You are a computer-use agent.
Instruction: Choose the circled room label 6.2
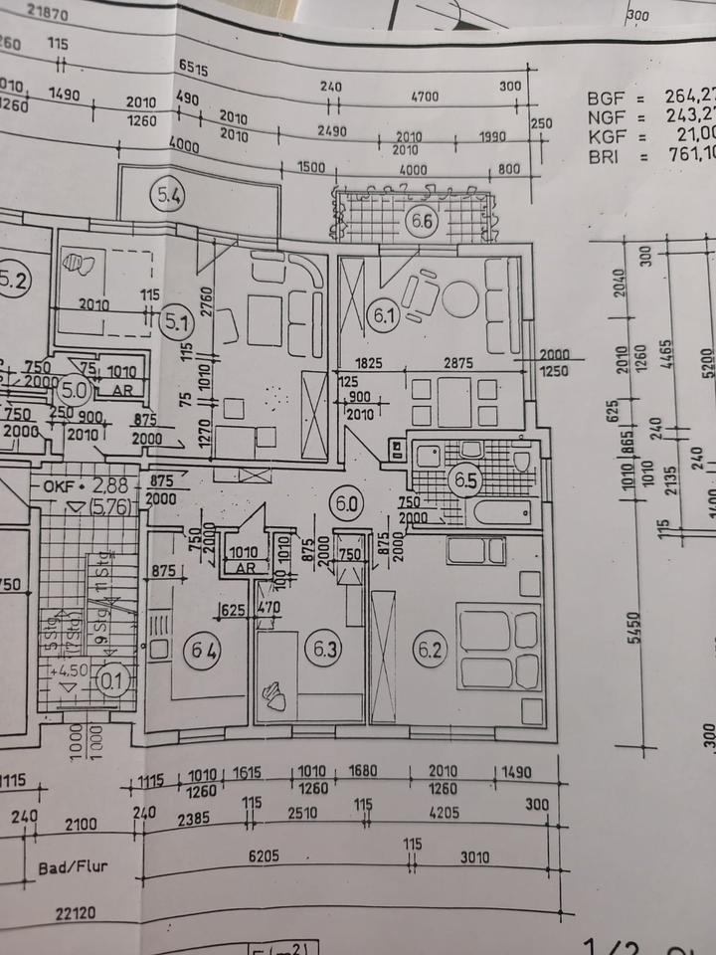pyautogui.click(x=430, y=652)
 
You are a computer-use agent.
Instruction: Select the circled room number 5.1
pyautogui.click(x=177, y=321)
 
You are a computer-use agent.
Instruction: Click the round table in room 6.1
pyautogui.click(x=460, y=298)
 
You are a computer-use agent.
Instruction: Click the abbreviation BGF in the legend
pyautogui.click(x=604, y=98)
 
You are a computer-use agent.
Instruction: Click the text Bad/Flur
pyautogui.click(x=73, y=866)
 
